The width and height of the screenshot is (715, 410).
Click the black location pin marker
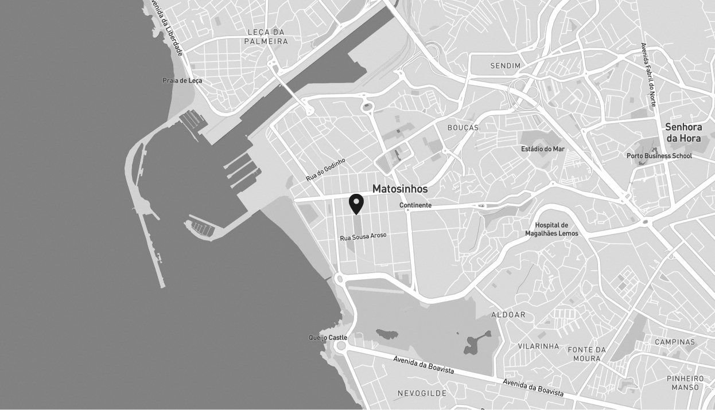[x=356, y=204]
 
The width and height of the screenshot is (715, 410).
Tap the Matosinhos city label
[x=400, y=189]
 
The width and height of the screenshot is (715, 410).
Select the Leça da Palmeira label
[x=266, y=37]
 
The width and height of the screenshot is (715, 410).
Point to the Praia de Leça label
[x=182, y=81]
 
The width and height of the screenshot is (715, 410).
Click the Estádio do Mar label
[x=543, y=149]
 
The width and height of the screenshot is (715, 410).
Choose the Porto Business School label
[x=659, y=156]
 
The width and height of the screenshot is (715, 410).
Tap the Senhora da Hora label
[x=683, y=132]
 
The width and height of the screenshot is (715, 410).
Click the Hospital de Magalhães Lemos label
[x=551, y=229]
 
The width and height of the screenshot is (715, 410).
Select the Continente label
[x=415, y=205]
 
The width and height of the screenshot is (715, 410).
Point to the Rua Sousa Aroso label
[x=363, y=236]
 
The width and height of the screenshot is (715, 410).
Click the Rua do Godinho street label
[x=326, y=170]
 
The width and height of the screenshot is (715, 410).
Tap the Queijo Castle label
[x=328, y=338]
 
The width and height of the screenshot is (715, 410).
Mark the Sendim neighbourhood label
[x=505, y=66]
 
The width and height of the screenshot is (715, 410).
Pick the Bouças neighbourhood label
[x=463, y=127]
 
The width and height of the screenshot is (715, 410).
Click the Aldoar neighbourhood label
[x=508, y=315]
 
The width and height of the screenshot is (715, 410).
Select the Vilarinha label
[x=538, y=346]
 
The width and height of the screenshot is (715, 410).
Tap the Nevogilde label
[x=422, y=393]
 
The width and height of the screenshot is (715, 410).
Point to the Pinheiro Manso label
[x=685, y=383]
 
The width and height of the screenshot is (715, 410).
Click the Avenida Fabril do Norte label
[x=648, y=75]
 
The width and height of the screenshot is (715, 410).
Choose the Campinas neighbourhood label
[x=675, y=342]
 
